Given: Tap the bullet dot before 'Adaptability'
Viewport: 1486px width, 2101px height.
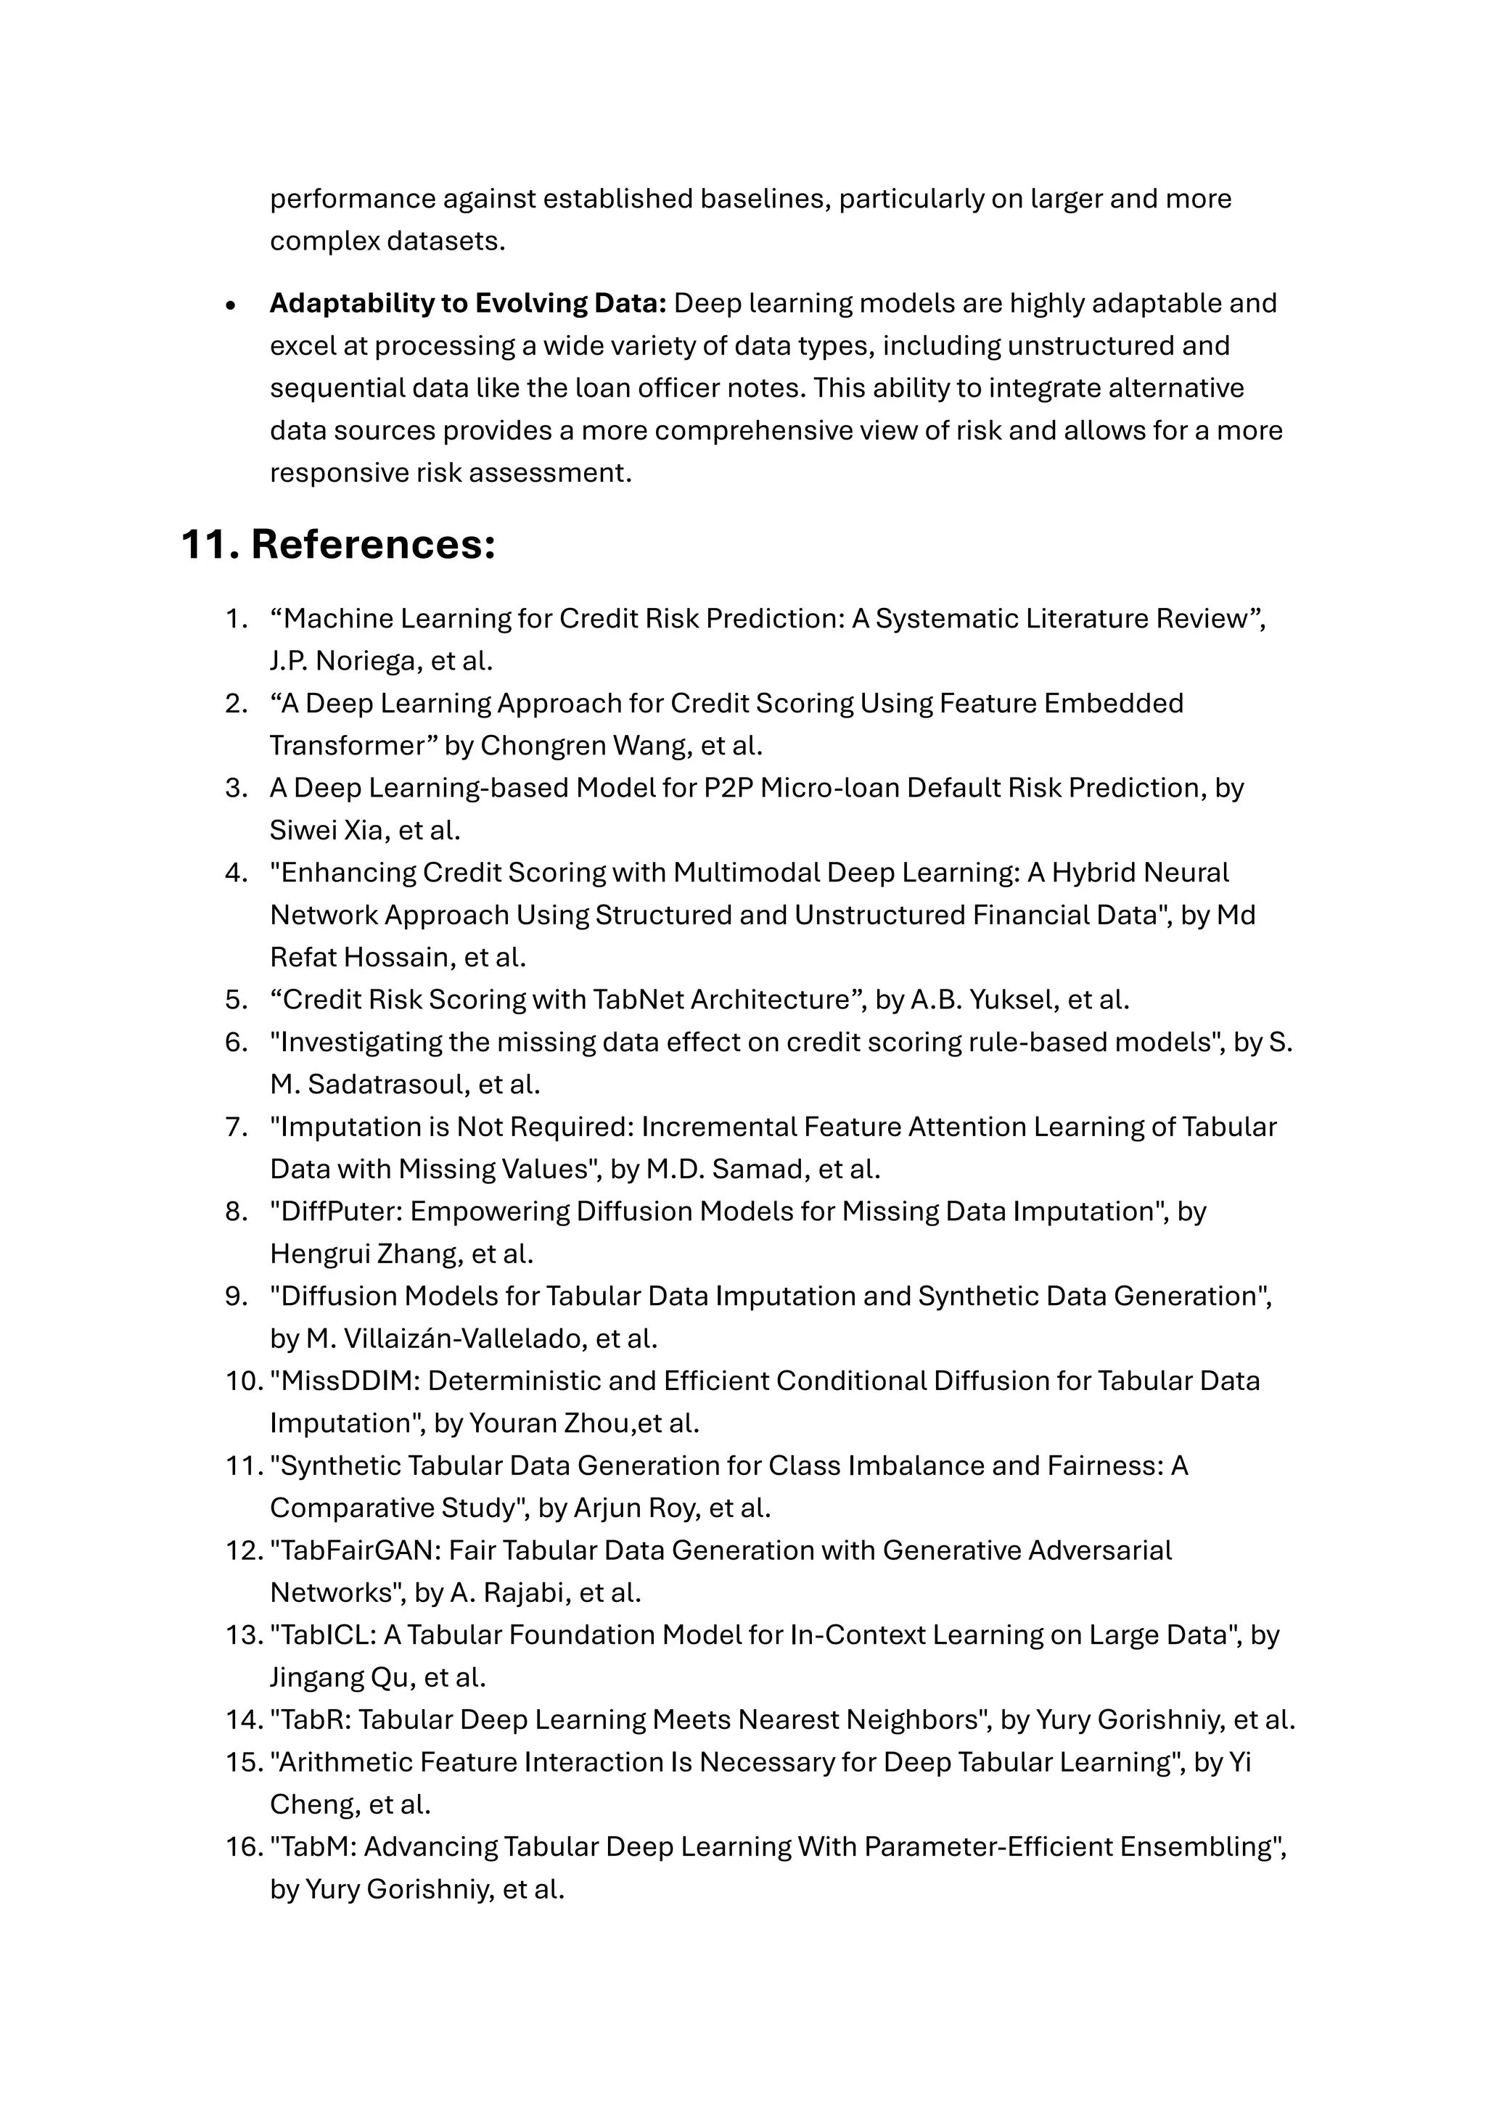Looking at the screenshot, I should (x=231, y=305).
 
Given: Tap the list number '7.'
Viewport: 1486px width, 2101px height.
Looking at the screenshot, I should (x=237, y=1127).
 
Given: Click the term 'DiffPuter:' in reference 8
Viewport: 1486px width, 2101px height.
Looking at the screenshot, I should (x=340, y=1212).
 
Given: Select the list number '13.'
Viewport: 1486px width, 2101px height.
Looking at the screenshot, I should (x=243, y=1635).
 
